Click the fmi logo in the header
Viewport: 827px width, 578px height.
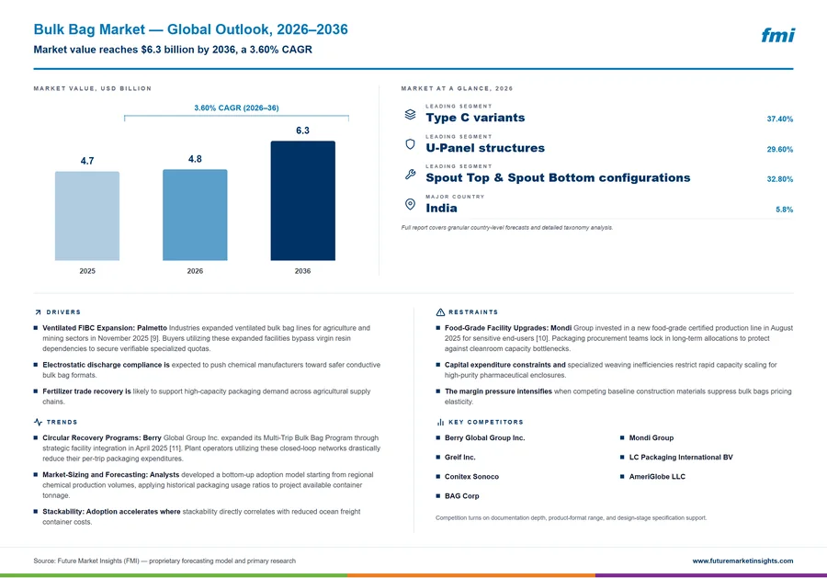(777, 35)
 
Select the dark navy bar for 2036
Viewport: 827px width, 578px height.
(302, 200)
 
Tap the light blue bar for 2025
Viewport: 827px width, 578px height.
(87, 216)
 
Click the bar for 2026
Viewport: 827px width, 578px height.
(195, 215)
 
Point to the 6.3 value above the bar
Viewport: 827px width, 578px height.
(302, 130)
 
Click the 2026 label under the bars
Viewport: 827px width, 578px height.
(195, 271)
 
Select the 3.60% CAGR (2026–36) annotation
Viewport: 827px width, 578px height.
(236, 108)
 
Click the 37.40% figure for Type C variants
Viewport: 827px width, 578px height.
(779, 119)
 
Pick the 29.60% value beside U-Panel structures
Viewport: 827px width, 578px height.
(779, 149)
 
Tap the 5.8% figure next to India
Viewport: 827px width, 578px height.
(785, 210)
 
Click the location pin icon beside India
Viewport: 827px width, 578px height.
(410, 204)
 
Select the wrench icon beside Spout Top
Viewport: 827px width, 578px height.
(410, 174)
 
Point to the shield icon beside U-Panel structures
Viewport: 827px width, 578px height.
(410, 144)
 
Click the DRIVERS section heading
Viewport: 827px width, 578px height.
(63, 312)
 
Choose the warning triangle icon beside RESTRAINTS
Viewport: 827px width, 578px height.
(440, 312)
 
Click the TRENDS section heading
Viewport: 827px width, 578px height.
(62, 422)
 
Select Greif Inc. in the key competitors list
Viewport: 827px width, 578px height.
(460, 458)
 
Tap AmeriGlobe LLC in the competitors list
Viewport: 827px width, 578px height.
(657, 477)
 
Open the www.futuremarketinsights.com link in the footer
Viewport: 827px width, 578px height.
(742, 561)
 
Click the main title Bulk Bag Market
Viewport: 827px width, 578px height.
(89, 29)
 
